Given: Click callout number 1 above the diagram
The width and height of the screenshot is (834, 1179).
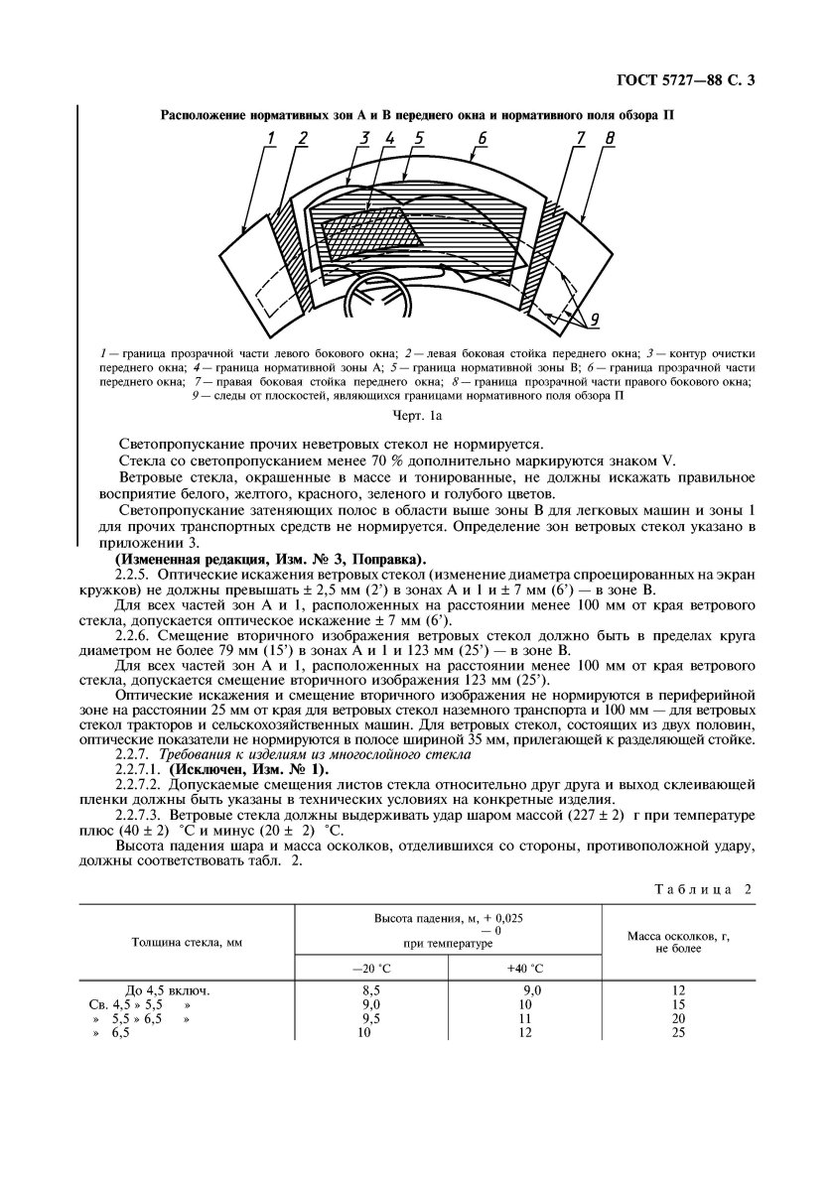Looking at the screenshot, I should pyautogui.click(x=271, y=138).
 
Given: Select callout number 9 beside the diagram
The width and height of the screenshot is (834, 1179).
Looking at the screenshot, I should pyautogui.click(x=592, y=320).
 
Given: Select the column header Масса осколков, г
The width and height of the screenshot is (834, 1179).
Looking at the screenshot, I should pyautogui.click(x=678, y=942).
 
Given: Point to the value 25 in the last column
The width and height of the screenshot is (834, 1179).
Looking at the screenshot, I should pyautogui.click(x=679, y=1032).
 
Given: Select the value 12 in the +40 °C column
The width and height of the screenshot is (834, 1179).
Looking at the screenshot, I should pyautogui.click(x=523, y=1032).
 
